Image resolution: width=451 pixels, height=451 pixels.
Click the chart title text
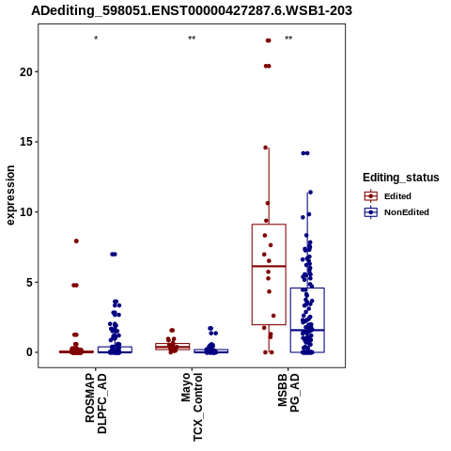pyautogui.click(x=192, y=11)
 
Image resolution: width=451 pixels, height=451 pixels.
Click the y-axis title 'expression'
pyautogui.click(x=10, y=195)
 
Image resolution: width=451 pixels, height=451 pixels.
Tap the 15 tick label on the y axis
pyautogui.click(x=26, y=142)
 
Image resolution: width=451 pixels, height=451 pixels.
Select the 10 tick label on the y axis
pyautogui.click(x=26, y=212)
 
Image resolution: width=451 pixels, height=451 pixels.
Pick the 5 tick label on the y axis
pyautogui.click(x=30, y=282)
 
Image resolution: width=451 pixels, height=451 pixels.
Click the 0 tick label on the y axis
pyautogui.click(x=30, y=352)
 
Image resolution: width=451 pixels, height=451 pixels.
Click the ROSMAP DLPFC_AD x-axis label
pyautogui.click(x=96, y=403)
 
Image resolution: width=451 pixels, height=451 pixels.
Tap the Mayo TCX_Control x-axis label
pyautogui.click(x=192, y=407)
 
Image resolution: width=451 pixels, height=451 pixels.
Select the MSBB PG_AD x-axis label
pyautogui.click(x=288, y=393)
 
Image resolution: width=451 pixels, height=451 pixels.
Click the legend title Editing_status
pyautogui.click(x=401, y=178)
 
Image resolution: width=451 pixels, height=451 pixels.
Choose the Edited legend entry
pyautogui.click(x=387, y=196)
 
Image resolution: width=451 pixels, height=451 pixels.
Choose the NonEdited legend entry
pyautogui.click(x=397, y=212)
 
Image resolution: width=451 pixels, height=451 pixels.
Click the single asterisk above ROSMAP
pyautogui.click(x=96, y=39)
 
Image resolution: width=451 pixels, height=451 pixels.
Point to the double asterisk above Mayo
pyautogui.click(x=192, y=39)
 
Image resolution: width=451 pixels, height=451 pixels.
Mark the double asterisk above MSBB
pyautogui.click(x=288, y=39)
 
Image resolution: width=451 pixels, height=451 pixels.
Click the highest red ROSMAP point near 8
pyautogui.click(x=76, y=241)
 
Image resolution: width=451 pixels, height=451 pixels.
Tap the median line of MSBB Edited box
pyautogui.click(x=269, y=266)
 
